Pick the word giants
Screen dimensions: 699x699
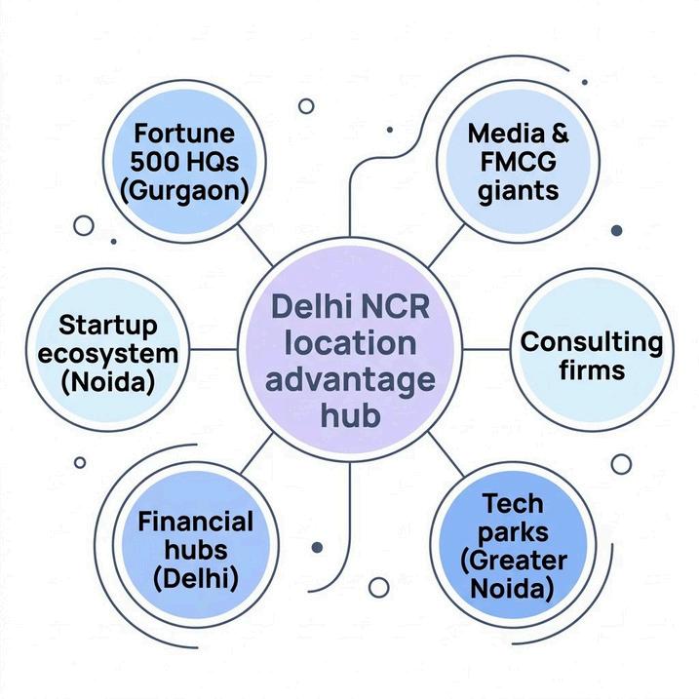click(519, 189)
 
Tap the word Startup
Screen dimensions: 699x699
click(107, 324)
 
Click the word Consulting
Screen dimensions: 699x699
click(592, 341)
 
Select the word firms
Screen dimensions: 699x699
click(592, 370)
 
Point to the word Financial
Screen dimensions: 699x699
click(196, 520)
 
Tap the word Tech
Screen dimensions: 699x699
click(512, 504)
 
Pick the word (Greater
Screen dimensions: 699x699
click(512, 561)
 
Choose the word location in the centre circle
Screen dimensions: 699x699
click(350, 343)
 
